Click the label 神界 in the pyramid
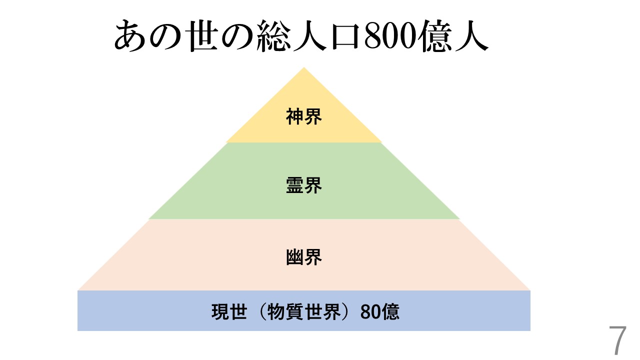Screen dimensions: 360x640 (303, 116)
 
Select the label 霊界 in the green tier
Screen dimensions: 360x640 (303, 185)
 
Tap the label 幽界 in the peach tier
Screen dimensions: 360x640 (303, 257)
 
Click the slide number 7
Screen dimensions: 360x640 (617, 341)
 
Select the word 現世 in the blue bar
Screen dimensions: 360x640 (229, 312)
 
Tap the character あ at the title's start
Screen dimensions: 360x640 (131, 36)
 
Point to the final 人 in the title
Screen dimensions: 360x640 (470, 36)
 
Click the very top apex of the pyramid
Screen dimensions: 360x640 (303, 68)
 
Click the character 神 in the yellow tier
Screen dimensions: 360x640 (294, 116)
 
